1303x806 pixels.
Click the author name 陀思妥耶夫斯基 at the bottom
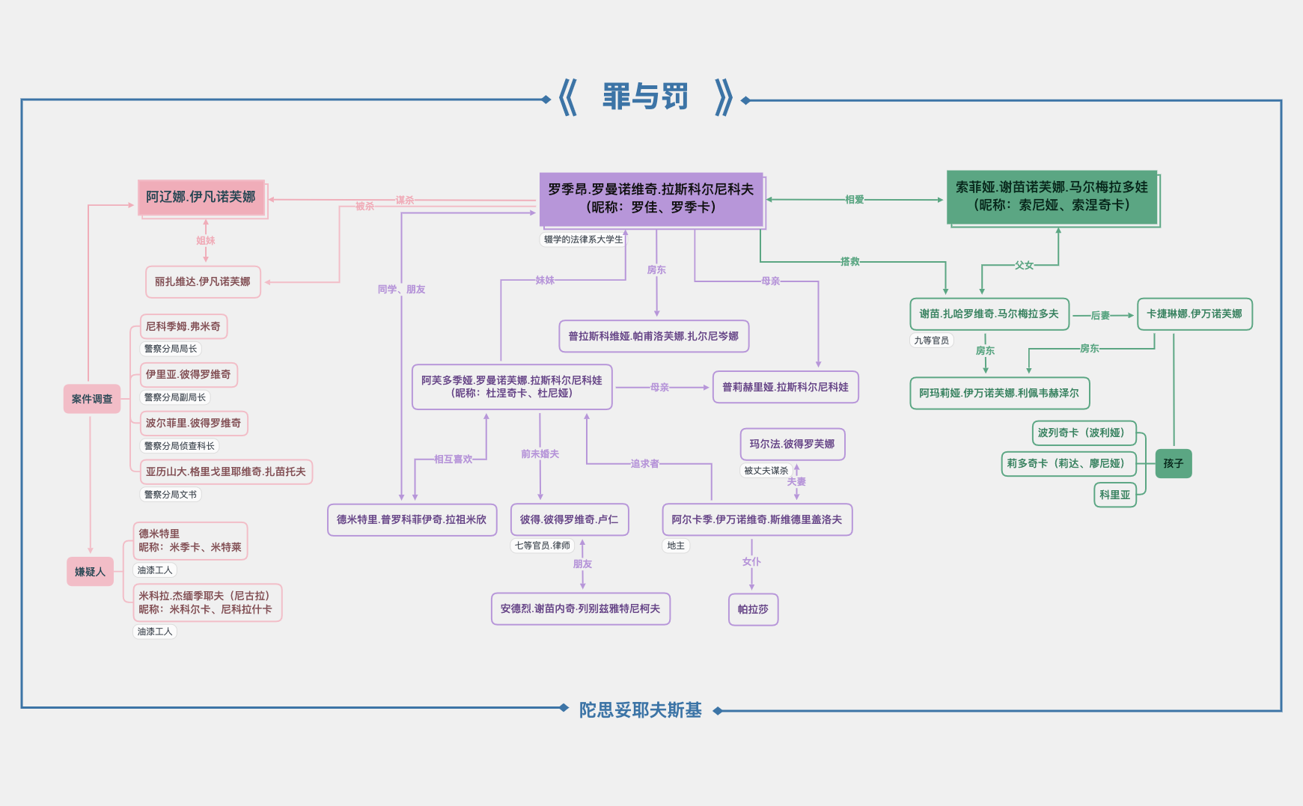(x=640, y=710)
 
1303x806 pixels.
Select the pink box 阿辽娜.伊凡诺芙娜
(x=201, y=198)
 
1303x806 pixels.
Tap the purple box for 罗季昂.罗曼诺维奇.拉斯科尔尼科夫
(x=650, y=199)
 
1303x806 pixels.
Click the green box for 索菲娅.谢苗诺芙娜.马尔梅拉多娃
(x=1052, y=197)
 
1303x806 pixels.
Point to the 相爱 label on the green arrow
(x=854, y=200)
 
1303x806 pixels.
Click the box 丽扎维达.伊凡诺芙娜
(x=202, y=282)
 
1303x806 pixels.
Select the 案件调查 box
(x=91, y=399)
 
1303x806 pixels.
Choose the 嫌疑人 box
(x=90, y=572)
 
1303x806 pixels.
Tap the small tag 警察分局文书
(x=171, y=495)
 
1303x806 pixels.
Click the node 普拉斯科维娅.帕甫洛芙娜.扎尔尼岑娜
(x=653, y=336)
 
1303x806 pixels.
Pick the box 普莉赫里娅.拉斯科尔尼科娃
(x=785, y=387)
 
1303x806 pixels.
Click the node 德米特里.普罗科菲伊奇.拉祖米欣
(x=412, y=519)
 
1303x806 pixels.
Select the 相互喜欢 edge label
(x=453, y=459)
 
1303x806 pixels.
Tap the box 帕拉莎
(x=753, y=609)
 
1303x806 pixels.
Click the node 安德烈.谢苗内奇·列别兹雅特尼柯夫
(x=580, y=608)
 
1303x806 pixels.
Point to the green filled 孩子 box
(x=1173, y=463)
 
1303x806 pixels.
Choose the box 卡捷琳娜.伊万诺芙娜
(x=1194, y=314)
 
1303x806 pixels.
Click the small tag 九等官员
(x=931, y=341)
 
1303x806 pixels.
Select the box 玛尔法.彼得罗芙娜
(x=792, y=444)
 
